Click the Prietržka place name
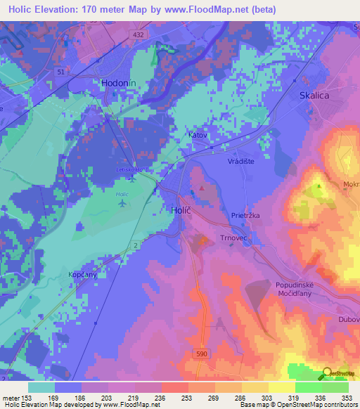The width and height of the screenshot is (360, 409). tap(247, 216)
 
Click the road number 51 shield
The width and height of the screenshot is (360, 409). tap(61, 72)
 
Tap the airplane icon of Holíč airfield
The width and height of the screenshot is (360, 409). tap(124, 204)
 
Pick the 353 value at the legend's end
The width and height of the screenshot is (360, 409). tap(347, 397)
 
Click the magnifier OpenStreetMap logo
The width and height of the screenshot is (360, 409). tap(326, 375)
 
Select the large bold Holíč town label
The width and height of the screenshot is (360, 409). tap(181, 209)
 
